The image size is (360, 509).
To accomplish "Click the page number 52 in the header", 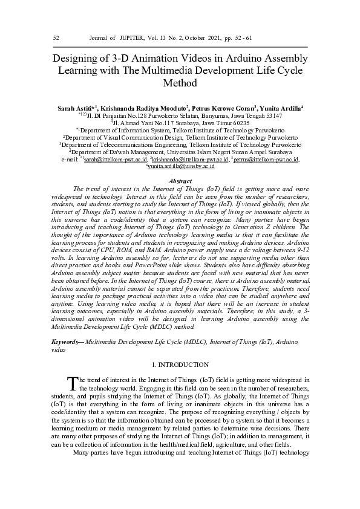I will [x=56, y=38].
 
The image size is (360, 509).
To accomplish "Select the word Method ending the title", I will [x=181, y=83].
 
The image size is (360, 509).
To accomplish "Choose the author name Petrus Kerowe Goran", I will [x=226, y=108].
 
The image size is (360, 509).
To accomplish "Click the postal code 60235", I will [x=238, y=122].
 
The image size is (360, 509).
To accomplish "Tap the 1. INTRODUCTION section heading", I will [x=180, y=365].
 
